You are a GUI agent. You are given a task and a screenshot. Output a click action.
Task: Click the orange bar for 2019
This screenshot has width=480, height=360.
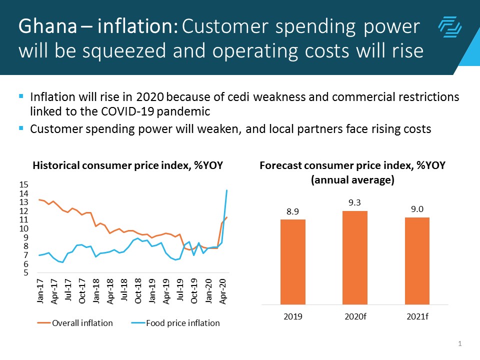click(x=292, y=261)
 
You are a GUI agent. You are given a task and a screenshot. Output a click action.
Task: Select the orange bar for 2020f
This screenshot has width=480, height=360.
click(x=354, y=257)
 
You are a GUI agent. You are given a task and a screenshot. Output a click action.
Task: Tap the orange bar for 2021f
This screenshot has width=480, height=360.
click(x=417, y=260)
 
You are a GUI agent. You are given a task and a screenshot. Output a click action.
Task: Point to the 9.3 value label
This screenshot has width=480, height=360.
click(x=354, y=202)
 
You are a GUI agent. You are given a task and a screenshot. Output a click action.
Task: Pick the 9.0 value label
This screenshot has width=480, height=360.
click(x=417, y=209)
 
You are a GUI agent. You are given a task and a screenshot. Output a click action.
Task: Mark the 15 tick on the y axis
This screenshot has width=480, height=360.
click(x=23, y=185)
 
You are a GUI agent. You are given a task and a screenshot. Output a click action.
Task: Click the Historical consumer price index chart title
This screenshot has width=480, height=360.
click(x=127, y=165)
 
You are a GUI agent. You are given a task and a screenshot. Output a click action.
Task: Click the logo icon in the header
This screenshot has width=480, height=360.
click(x=449, y=27)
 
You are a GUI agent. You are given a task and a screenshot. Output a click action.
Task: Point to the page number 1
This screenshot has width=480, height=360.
click(x=459, y=343)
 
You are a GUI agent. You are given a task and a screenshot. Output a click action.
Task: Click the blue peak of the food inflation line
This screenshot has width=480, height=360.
click(x=227, y=190)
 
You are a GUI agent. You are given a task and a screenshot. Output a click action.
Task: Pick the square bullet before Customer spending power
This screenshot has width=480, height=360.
click(x=21, y=128)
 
